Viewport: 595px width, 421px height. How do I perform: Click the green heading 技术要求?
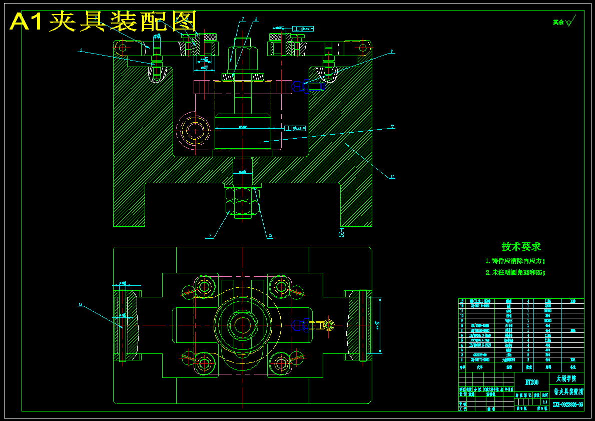click(521, 246)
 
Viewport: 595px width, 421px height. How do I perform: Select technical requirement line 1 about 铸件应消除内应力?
click(515, 261)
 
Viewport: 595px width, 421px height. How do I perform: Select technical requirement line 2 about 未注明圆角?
click(515, 272)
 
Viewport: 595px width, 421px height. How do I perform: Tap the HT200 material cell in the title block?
click(532, 382)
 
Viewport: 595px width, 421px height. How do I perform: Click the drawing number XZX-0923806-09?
click(567, 403)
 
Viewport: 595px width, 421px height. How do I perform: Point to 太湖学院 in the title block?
click(566, 378)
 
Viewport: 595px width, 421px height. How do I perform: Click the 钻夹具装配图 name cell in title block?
click(567, 391)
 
